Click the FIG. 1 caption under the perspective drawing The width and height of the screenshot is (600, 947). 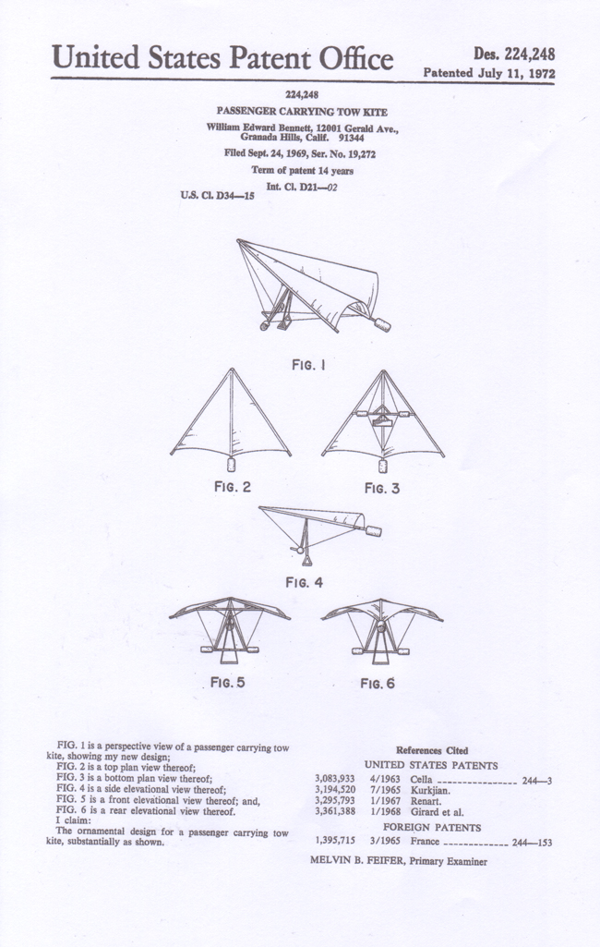(x=309, y=365)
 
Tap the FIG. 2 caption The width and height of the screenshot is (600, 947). (x=233, y=487)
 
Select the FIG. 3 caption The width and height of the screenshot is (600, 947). (x=382, y=488)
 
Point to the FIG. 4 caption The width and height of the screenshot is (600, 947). (x=305, y=582)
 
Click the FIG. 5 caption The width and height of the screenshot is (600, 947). (x=228, y=683)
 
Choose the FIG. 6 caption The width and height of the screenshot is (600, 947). (x=378, y=683)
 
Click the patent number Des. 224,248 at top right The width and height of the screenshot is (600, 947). (x=514, y=55)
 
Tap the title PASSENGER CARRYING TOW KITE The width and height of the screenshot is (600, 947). (x=302, y=112)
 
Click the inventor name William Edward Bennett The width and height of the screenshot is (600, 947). (x=256, y=128)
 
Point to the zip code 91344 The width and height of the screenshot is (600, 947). (x=352, y=138)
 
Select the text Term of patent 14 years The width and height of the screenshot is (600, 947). (x=303, y=170)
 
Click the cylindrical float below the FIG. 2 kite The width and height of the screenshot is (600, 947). (x=231, y=465)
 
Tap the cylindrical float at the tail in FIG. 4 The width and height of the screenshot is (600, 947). (x=372, y=531)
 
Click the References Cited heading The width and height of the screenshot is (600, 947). (x=432, y=751)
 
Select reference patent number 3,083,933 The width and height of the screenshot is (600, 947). (x=335, y=779)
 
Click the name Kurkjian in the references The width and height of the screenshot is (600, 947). (x=430, y=790)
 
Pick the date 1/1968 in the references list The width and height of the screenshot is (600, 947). (x=385, y=812)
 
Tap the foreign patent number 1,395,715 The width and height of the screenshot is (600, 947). (x=335, y=841)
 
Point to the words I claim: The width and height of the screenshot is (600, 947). (x=74, y=820)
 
